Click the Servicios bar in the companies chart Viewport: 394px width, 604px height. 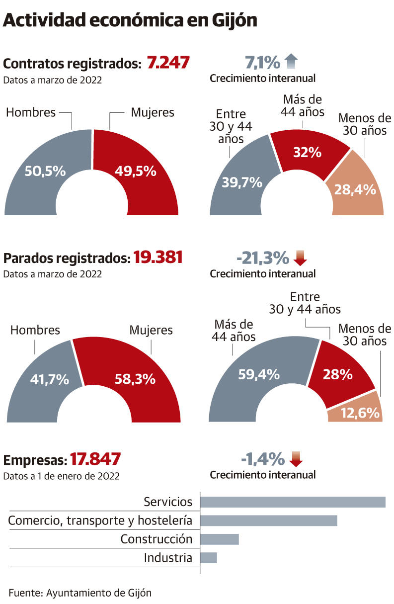coord(292,502)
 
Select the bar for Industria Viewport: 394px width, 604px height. coord(208,558)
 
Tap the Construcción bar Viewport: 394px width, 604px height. coord(219,539)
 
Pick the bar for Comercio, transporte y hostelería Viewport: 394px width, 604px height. coord(268,520)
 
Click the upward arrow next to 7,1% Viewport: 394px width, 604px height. coord(291,62)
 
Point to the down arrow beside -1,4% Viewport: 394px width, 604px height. coord(296,459)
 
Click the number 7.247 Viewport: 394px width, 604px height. coord(168,63)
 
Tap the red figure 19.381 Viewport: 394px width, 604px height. coord(158,258)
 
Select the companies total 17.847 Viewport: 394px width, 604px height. coord(95,459)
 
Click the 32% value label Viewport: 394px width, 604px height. coord(307,153)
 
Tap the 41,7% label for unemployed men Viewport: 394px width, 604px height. coord(49,380)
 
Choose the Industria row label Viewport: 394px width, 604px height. coord(168,558)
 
